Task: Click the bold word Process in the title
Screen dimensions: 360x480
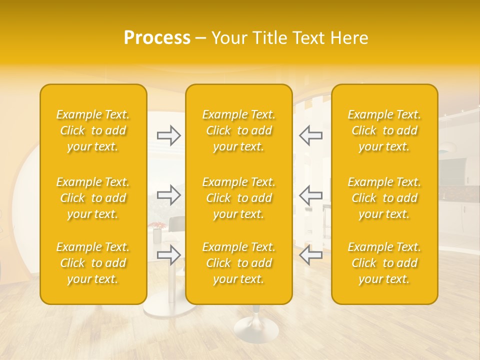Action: tap(157, 38)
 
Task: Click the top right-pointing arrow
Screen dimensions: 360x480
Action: tap(168, 135)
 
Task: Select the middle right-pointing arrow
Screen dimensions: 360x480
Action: tap(168, 194)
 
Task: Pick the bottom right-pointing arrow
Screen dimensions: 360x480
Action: tap(168, 254)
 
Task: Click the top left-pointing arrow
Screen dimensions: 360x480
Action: tap(310, 135)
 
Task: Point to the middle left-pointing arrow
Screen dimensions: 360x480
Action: tap(310, 194)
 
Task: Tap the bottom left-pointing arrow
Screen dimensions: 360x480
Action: tap(310, 254)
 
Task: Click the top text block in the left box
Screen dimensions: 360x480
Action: tap(93, 130)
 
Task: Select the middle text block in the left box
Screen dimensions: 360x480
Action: tap(93, 198)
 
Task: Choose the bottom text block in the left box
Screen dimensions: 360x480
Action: tap(93, 263)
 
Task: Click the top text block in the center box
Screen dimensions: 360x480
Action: tap(239, 130)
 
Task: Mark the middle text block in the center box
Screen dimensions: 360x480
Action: tap(239, 198)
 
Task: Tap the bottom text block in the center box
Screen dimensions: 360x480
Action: tap(239, 263)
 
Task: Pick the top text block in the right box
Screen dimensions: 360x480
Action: tap(384, 130)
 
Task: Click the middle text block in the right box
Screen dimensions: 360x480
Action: tap(384, 198)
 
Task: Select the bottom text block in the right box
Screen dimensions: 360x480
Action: tap(384, 263)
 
